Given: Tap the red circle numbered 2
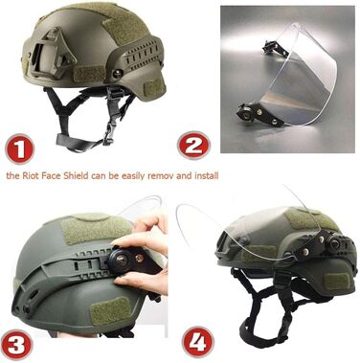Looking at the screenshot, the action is tap(193, 146).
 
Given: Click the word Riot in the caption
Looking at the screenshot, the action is tap(32, 175).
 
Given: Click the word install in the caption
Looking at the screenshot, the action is tap(206, 175).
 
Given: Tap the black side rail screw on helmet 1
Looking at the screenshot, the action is tap(118, 74).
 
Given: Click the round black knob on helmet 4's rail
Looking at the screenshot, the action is tap(334, 243).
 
